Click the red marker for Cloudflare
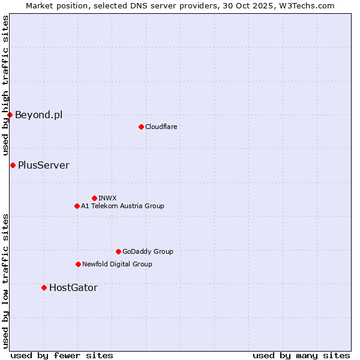tap(141, 127)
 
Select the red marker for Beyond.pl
tap(10, 115)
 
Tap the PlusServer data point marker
tap(13, 165)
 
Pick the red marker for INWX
tap(94, 198)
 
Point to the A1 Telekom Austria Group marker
tap(77, 206)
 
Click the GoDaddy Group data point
tap(118, 251)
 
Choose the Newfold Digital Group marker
tap(78, 264)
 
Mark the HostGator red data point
tap(44, 287)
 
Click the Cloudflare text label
tap(161, 127)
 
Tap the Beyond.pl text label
tap(38, 115)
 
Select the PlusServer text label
tap(44, 165)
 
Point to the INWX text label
tap(107, 198)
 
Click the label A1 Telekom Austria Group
tap(122, 206)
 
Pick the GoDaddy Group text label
tap(148, 251)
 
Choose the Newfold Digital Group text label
tap(117, 264)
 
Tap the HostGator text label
tap(73, 287)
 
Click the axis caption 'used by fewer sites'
tap(62, 355)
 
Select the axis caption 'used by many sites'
tap(301, 355)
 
